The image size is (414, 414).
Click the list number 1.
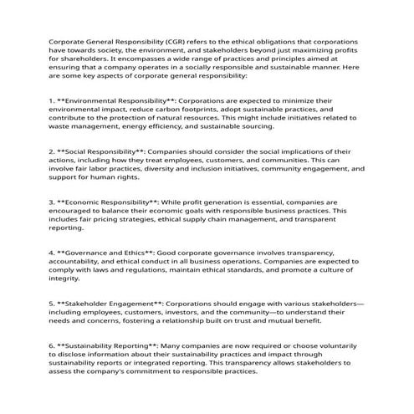52,100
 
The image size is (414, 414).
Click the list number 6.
52,345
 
